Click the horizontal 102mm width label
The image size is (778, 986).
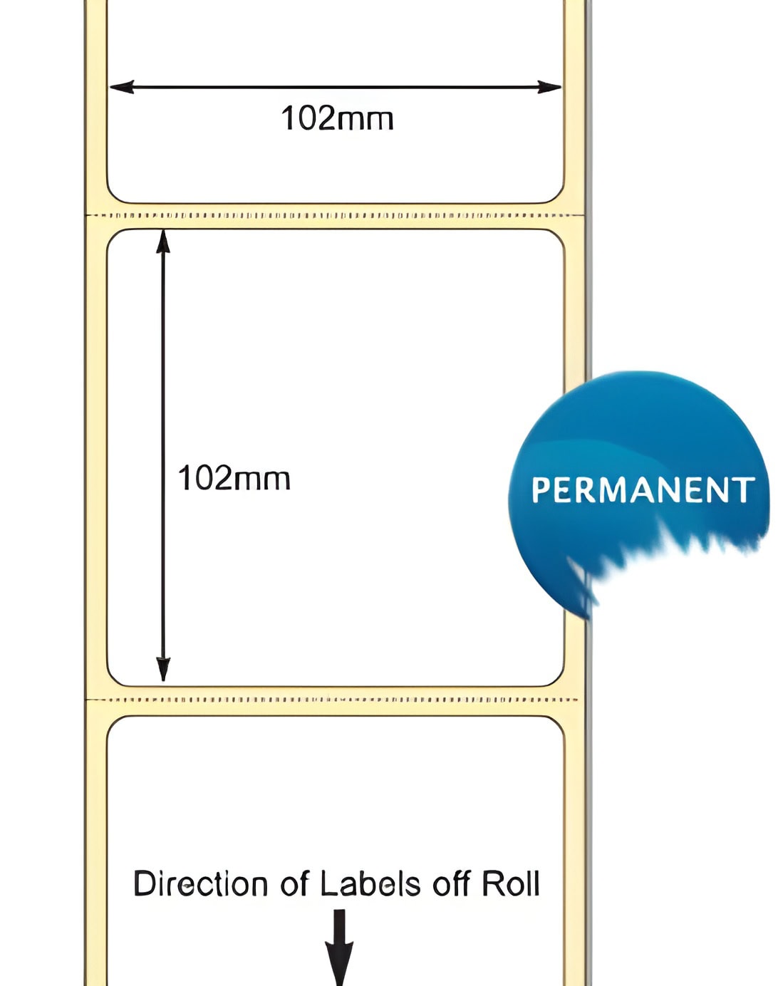(337, 118)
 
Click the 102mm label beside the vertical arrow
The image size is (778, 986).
(234, 478)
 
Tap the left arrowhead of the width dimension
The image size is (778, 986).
(122, 87)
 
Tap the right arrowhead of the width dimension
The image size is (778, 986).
(549, 87)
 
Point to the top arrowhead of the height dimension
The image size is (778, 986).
(162, 242)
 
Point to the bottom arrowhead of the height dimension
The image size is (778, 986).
(162, 670)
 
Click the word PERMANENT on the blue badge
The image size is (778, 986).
(643, 489)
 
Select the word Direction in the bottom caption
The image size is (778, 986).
(200, 883)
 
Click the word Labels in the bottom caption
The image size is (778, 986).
(370, 883)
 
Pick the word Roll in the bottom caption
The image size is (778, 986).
(510, 883)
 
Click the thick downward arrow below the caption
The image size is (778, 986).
(339, 948)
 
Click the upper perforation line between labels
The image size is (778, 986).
(335, 215)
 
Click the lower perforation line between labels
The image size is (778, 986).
(333, 700)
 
